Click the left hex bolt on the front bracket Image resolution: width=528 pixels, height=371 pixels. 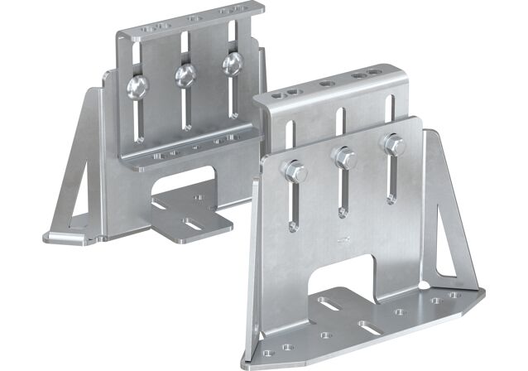pyautogui.click(x=294, y=173)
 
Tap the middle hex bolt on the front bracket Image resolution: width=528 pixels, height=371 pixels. pyautogui.click(x=343, y=157)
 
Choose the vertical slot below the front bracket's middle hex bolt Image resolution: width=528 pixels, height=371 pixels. pyautogui.click(x=341, y=195)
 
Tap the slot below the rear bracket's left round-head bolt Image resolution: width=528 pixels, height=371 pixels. pyautogui.click(x=137, y=121)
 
